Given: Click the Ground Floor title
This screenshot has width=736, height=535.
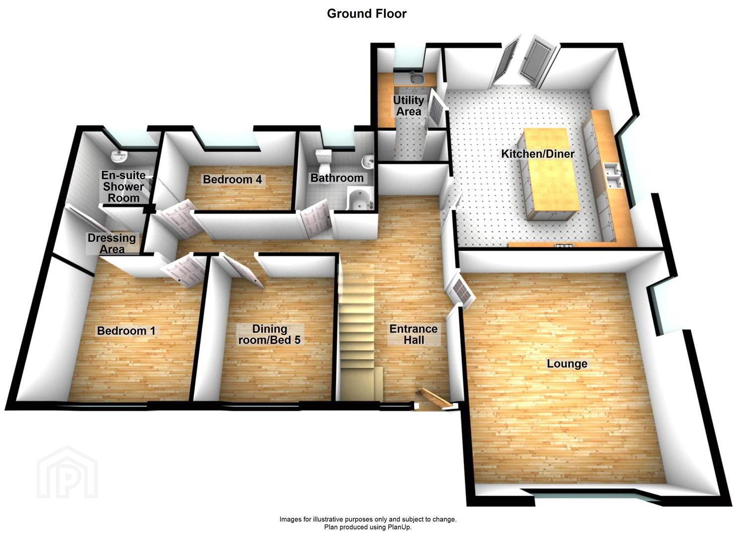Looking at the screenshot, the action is (x=367, y=14).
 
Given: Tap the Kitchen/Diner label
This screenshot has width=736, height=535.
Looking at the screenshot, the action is (x=538, y=154).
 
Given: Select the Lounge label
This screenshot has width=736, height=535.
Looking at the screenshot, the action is (x=567, y=364).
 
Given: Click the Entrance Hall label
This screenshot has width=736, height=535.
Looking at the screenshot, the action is (x=413, y=334).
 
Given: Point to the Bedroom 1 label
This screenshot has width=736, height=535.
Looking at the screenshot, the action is (x=126, y=331).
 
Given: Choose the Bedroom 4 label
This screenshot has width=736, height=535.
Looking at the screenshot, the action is (x=232, y=179).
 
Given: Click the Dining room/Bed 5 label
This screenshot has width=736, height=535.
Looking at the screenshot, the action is (x=270, y=334).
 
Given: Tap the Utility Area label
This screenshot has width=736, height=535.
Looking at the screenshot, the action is (x=408, y=106).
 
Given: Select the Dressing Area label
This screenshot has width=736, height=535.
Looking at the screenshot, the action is (x=112, y=243).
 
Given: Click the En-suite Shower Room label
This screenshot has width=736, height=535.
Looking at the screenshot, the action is (x=123, y=187).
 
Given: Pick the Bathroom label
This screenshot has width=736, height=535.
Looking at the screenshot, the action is (x=337, y=178).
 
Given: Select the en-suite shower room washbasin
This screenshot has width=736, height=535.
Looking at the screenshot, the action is (x=119, y=157).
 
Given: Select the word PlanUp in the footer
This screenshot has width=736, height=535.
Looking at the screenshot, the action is (x=399, y=528).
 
